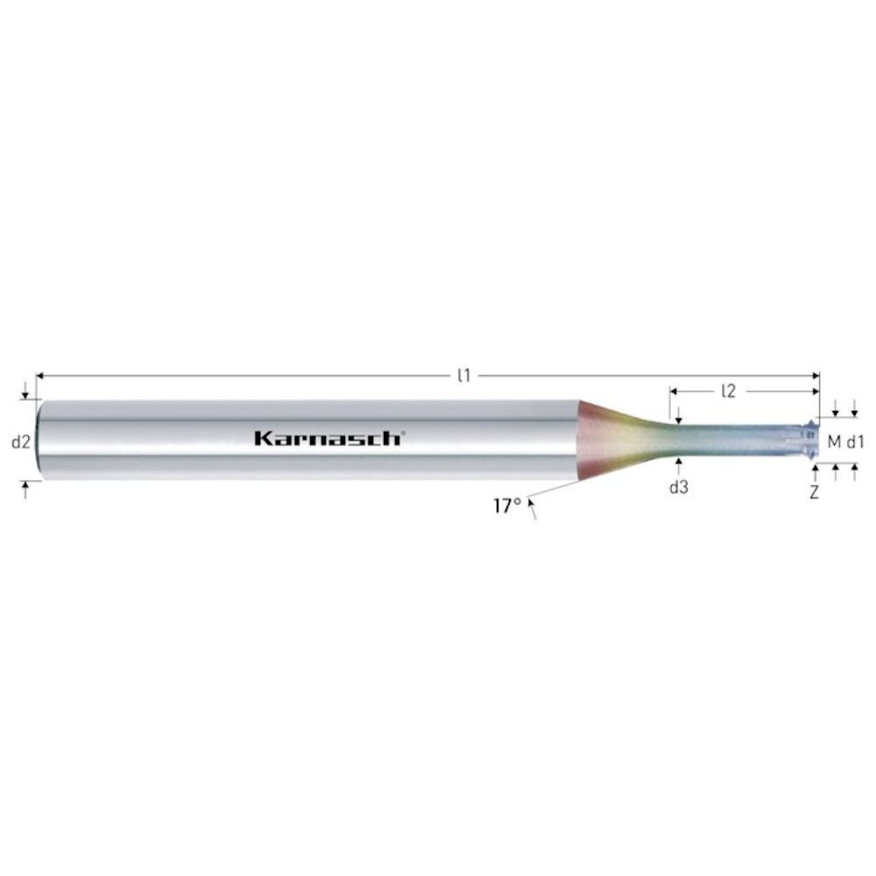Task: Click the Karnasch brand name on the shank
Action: (329, 438)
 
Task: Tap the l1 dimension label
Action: (463, 376)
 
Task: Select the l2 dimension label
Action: (729, 391)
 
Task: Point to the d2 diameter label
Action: (21, 442)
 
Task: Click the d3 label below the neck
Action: (679, 488)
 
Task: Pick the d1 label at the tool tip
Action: (855, 442)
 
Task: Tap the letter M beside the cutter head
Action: (834, 442)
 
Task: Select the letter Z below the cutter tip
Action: (815, 492)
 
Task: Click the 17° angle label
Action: (507, 506)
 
